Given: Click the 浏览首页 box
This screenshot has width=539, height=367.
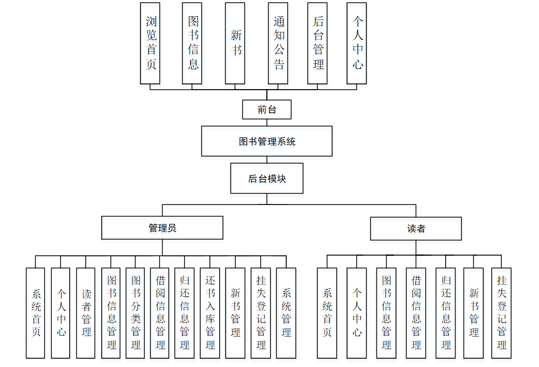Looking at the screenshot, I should tap(150, 43).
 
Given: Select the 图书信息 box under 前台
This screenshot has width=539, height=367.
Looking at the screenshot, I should tap(192, 43).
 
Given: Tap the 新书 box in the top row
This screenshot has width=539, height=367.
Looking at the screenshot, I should tap(235, 43).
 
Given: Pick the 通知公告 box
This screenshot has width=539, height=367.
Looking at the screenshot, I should tap(278, 43).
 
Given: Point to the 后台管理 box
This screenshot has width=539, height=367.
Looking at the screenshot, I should tap(317, 43).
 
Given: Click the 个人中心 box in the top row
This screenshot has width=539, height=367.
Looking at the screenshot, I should tap(357, 43).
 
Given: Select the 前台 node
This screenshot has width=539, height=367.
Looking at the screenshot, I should tap(266, 110).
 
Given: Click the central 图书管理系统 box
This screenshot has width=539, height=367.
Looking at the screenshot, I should tap(266, 141).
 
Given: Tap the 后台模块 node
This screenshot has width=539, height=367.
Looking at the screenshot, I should tap(266, 179).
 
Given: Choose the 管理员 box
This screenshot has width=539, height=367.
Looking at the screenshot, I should tap(162, 228).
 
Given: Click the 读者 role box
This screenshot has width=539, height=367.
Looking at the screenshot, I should tap(416, 229).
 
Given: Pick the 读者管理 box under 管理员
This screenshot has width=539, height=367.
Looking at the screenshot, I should tap(85, 313).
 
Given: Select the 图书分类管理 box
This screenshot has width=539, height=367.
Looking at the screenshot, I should tap(135, 313).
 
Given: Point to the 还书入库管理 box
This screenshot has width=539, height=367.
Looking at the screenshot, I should tap(210, 313).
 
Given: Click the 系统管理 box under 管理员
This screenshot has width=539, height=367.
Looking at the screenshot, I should tap(286, 313).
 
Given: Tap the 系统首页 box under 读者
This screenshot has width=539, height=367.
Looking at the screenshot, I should tap(327, 313).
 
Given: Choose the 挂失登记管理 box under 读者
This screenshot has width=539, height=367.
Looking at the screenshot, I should tap(501, 313).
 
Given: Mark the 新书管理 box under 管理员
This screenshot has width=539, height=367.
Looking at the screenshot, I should tap(235, 313).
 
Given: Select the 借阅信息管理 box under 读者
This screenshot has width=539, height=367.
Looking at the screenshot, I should tap(416, 313).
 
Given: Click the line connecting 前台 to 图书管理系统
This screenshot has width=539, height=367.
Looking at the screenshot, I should tap(267, 123).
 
